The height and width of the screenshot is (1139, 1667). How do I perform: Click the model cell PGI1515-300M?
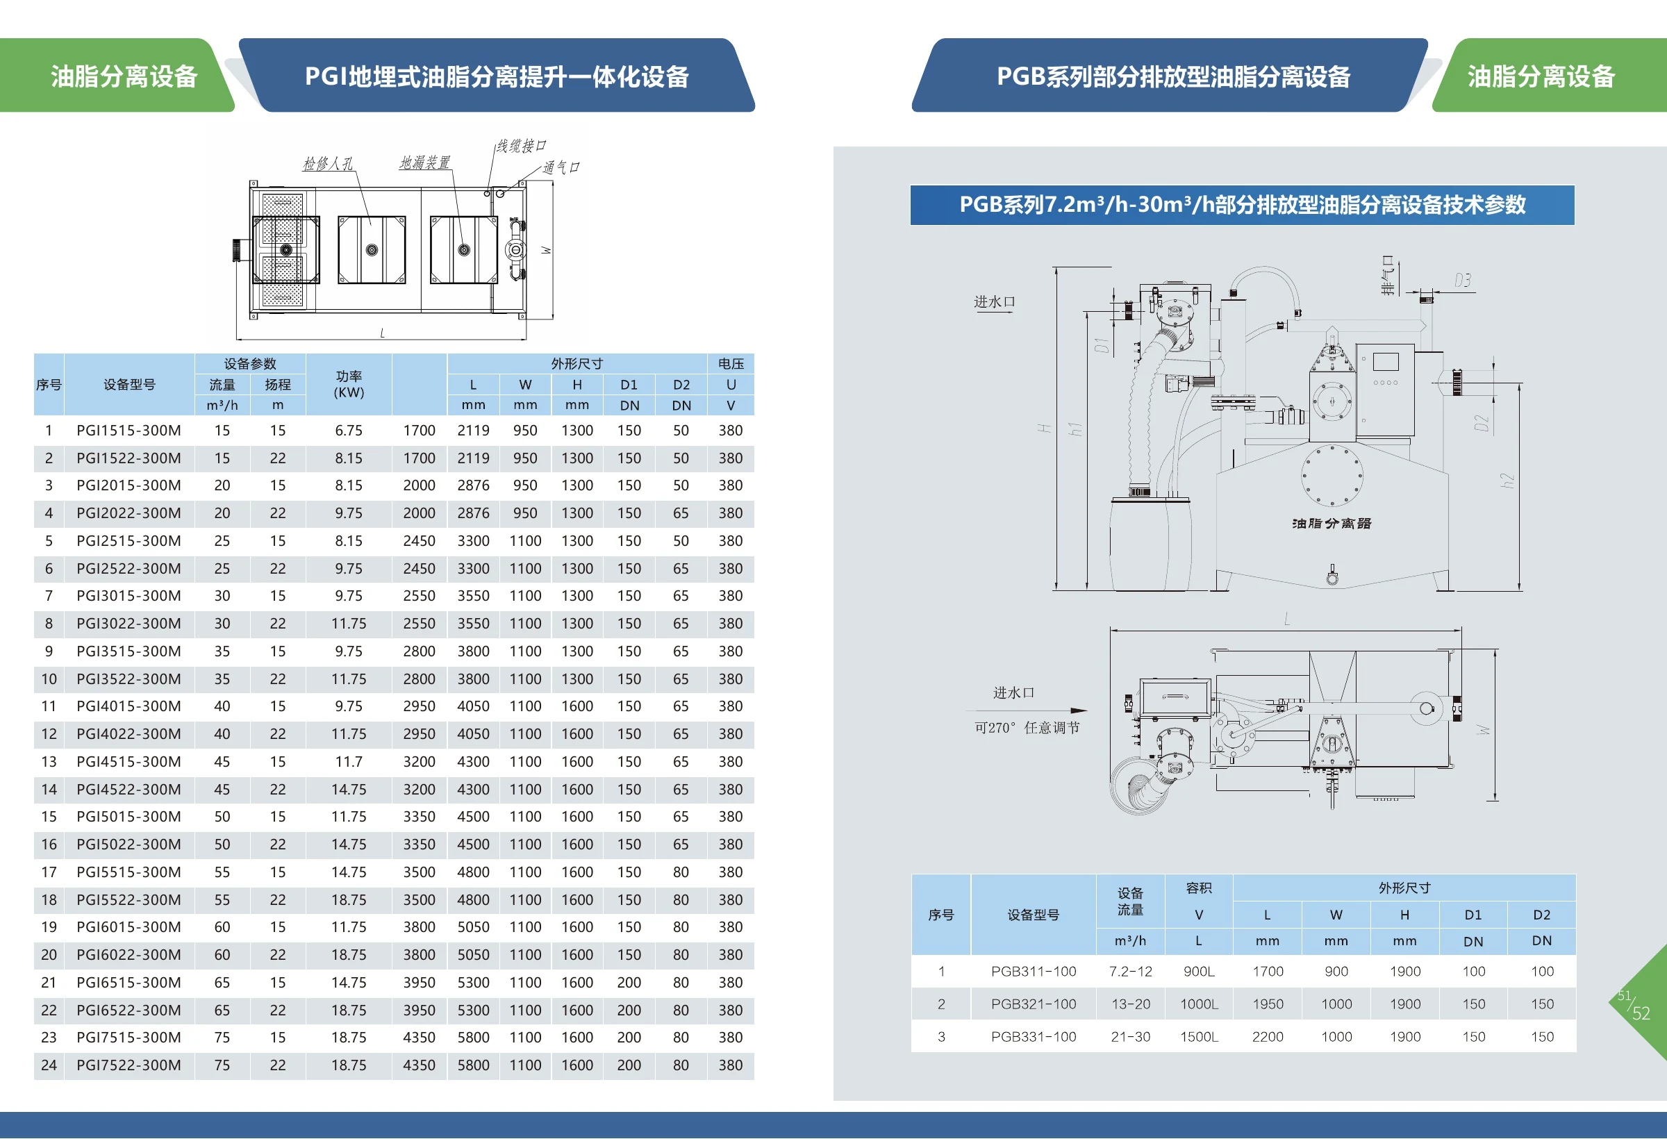[x=128, y=431]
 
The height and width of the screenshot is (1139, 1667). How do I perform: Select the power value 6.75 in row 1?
[x=349, y=431]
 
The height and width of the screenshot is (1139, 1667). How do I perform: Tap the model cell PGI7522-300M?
[x=128, y=1065]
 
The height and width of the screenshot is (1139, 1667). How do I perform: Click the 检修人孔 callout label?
[x=328, y=163]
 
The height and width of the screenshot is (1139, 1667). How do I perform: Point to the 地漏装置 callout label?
[x=424, y=163]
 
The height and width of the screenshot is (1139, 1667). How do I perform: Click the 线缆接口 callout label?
[x=522, y=147]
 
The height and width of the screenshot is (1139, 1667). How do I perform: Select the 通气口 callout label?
[x=561, y=167]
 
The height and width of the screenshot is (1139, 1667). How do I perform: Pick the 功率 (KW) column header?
[x=349, y=385]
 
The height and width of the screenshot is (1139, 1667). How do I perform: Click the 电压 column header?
[x=731, y=364]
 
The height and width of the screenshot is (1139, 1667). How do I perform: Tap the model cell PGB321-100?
[x=1034, y=1004]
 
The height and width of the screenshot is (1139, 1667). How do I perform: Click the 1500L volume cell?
[x=1199, y=1036]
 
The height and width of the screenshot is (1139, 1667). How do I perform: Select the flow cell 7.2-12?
[x=1131, y=971]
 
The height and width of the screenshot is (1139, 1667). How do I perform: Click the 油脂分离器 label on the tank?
[x=1332, y=524]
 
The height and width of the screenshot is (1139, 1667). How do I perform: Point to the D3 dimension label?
[x=1463, y=281]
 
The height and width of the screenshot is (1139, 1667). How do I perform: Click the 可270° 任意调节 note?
[x=1027, y=727]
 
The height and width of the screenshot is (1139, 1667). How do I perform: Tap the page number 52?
[x=1641, y=1013]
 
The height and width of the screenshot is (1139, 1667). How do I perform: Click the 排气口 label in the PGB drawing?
[x=1388, y=276]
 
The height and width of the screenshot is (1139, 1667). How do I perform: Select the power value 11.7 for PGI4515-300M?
[x=349, y=762]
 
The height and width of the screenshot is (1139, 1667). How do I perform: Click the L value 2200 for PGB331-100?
[x=1268, y=1036]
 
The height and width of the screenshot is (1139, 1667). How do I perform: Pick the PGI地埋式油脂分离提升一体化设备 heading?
[x=497, y=76]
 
